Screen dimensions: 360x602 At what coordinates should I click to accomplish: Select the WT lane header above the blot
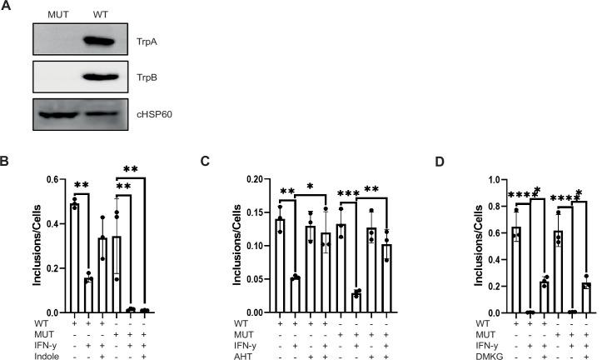(101, 14)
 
